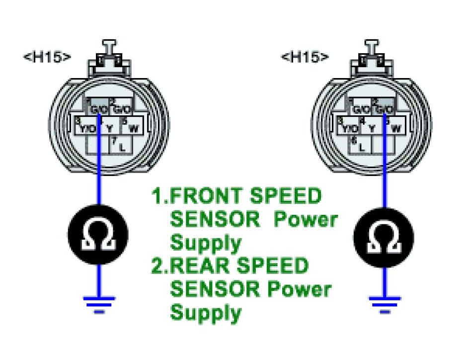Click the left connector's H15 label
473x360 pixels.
47,56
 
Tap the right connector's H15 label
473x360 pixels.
305,56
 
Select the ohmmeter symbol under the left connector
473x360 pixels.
98,234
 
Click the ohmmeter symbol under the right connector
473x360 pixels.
383,234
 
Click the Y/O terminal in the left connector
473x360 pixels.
87,128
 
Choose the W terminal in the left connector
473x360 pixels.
133,128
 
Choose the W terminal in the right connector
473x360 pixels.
395,128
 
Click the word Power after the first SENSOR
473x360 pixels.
307,220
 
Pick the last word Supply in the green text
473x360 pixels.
205,313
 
